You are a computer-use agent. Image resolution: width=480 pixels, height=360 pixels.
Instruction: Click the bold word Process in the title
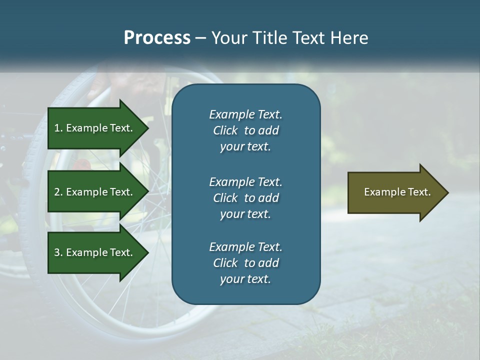pyautogui.click(x=157, y=38)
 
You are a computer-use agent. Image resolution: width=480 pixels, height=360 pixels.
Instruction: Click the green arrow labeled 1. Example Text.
pyautogui.click(x=95, y=128)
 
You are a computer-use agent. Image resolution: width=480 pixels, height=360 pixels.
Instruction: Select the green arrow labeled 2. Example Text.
pyautogui.click(x=95, y=192)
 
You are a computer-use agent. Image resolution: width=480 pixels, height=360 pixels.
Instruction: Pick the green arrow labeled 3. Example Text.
pyautogui.click(x=95, y=252)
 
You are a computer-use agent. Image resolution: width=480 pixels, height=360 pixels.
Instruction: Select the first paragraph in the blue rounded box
pyautogui.click(x=245, y=130)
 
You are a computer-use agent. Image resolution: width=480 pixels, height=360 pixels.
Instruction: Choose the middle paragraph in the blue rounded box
pyautogui.click(x=245, y=197)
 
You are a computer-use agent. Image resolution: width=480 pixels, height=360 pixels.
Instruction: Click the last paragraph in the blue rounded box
pyautogui.click(x=245, y=263)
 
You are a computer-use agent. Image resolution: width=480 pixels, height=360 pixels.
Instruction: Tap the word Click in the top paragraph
pyautogui.click(x=225, y=130)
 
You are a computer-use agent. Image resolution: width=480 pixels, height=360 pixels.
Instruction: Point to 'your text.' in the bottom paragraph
pyautogui.click(x=245, y=279)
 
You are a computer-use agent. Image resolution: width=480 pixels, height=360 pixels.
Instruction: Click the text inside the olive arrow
pyautogui.click(x=397, y=192)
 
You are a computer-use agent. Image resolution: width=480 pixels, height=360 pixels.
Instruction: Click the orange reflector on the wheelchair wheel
pyautogui.click(x=83, y=164)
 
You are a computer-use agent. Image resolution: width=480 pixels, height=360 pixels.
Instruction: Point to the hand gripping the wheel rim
pyautogui.click(x=107, y=82)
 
